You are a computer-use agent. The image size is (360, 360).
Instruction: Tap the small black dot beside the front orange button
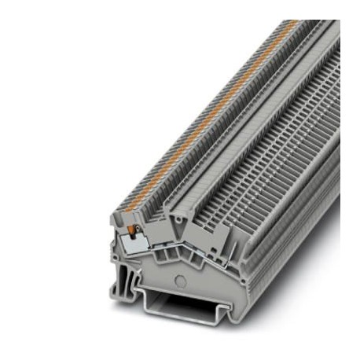pos(135,230)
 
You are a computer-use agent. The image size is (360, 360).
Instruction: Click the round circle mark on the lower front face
pos(182,279)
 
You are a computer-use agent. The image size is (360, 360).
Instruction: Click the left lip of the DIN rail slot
pos(142,299)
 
